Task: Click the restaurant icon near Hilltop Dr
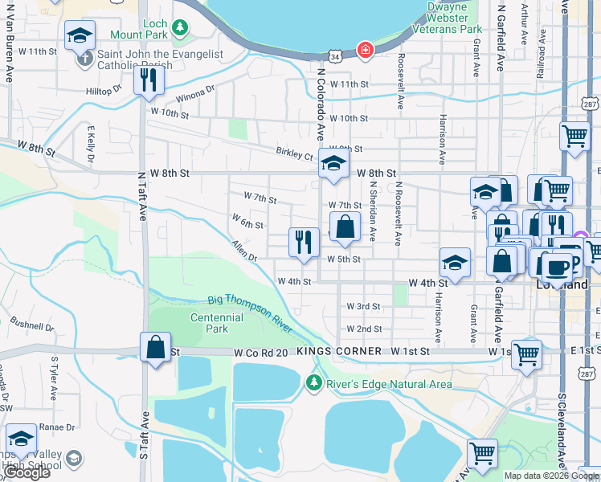149,80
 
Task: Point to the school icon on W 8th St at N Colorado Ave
333,163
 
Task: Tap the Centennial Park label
217,323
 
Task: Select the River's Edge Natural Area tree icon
314,383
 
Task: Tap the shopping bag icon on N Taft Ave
155,348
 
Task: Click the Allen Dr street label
243,251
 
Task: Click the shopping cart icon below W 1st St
526,353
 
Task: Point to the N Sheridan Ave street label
373,214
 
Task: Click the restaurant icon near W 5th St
304,242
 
